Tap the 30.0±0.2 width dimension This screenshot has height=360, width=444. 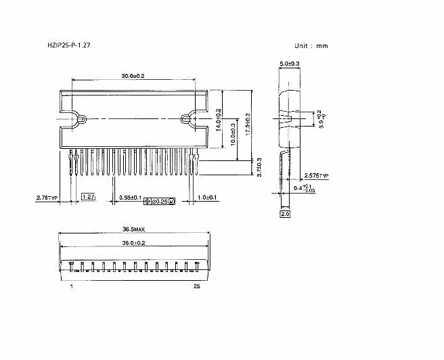[133, 75]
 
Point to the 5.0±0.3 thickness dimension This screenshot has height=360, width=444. [290, 63]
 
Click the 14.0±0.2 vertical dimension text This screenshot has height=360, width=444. [219, 119]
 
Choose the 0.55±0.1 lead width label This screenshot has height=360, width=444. [130, 198]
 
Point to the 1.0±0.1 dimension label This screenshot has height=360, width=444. [207, 198]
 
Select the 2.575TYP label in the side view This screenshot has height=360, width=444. [315, 175]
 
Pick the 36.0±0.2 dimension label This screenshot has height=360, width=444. [133, 242]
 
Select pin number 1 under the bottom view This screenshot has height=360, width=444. [71, 286]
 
